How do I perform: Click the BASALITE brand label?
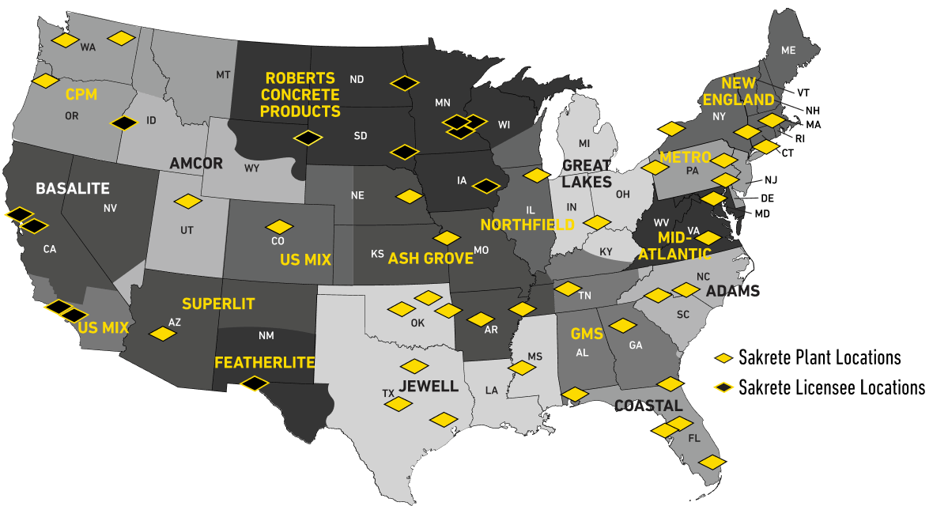click(73, 189)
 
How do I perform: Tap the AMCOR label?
click(196, 164)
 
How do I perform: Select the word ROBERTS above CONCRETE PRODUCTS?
click(300, 78)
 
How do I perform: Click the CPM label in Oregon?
click(81, 95)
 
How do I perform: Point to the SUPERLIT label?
click(218, 304)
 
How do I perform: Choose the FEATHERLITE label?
click(265, 363)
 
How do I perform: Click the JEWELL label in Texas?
click(429, 386)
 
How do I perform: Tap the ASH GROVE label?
click(430, 259)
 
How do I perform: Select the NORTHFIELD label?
click(527, 225)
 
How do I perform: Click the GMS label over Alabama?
click(587, 334)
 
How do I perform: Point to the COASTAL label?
click(648, 406)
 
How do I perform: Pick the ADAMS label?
click(733, 291)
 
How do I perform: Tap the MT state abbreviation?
click(223, 75)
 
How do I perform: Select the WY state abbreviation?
click(251, 168)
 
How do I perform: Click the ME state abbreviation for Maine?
click(788, 50)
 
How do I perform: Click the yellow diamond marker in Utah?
click(187, 202)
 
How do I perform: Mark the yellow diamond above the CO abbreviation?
click(279, 227)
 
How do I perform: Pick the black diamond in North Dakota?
click(404, 82)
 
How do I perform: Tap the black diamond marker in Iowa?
click(486, 186)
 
